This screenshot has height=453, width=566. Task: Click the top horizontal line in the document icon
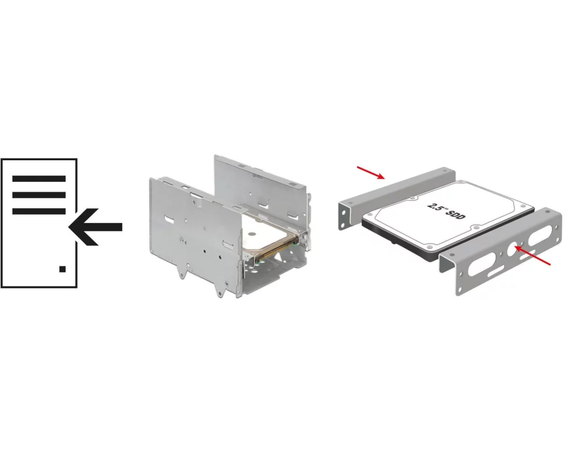(x=39, y=178)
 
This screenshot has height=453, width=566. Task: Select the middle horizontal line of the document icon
(x=39, y=195)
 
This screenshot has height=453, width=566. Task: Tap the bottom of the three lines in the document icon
(x=39, y=211)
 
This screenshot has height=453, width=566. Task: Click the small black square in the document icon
(x=62, y=269)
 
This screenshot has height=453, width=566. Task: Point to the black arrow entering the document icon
(x=95, y=227)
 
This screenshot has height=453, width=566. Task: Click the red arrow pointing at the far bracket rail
(x=371, y=173)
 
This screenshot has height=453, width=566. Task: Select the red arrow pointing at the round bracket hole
(x=533, y=256)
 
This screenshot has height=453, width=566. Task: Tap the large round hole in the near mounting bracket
(x=513, y=249)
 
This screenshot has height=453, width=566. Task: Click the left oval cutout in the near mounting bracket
(x=482, y=264)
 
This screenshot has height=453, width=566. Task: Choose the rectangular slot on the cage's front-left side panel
(x=170, y=219)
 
